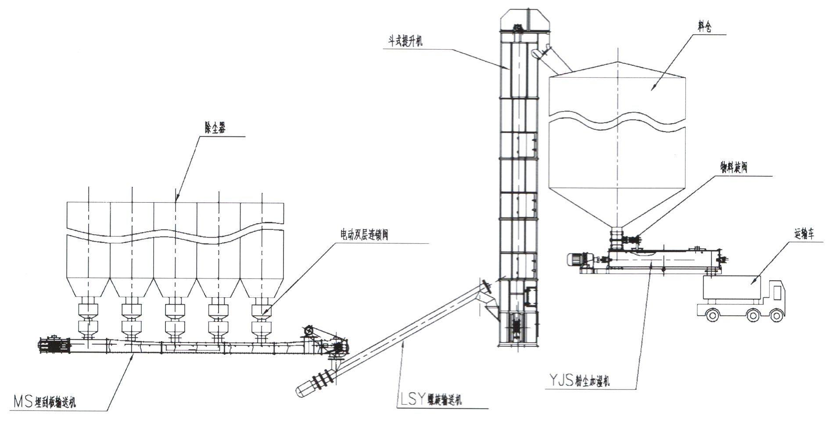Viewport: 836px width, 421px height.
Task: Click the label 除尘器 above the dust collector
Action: pos(215,128)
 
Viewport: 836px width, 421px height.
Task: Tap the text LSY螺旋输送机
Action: pos(431,399)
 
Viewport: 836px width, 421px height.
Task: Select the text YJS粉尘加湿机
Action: pos(579,380)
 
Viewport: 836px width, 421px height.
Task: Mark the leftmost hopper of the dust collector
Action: pos(88,287)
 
